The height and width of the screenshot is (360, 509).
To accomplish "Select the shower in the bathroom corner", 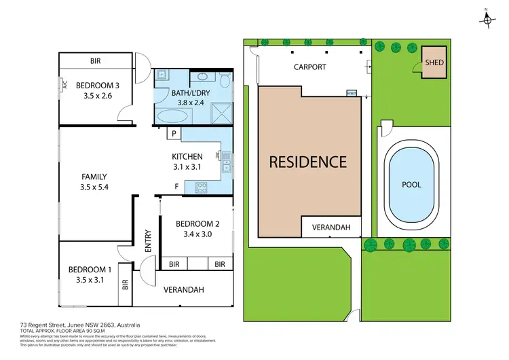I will point(220,111).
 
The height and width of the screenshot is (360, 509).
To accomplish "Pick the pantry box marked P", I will point(174,134).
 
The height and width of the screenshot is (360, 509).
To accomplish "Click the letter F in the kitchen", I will point(176,186).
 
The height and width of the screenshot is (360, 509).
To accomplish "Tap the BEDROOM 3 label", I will point(98,86).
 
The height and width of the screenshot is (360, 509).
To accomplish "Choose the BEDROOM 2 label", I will point(197,224).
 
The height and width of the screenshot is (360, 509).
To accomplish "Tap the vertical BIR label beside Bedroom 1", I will point(126,286).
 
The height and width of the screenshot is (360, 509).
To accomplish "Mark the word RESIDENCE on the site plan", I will point(307,162).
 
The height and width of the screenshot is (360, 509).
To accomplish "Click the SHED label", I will point(434,62).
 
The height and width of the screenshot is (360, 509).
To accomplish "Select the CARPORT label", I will point(309,67).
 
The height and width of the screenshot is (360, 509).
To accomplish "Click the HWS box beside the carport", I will point(352,93).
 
